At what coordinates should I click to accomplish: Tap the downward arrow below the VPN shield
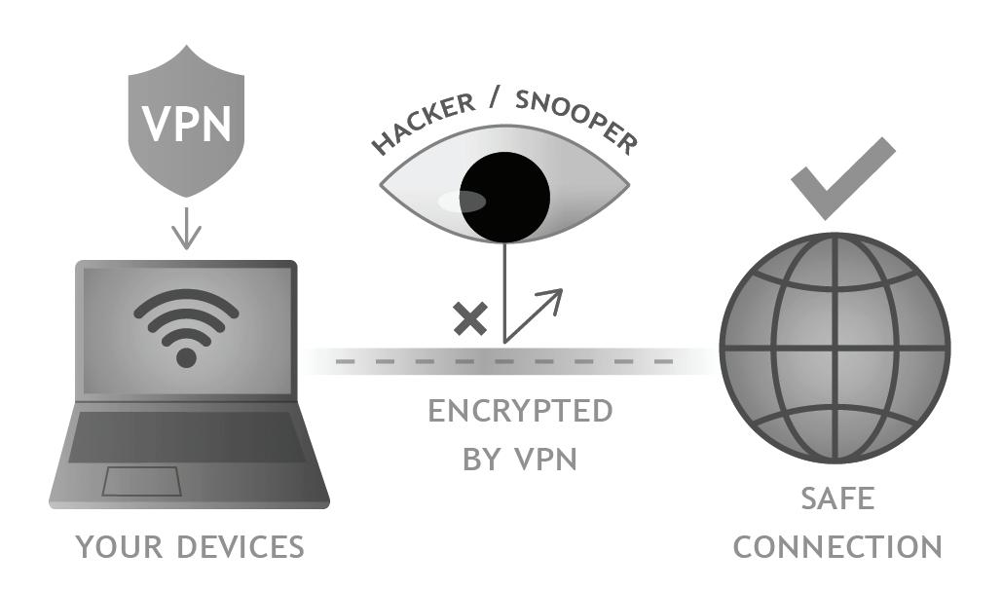(186, 230)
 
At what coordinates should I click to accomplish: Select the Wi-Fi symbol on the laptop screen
(186, 325)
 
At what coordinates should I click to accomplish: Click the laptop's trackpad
(142, 481)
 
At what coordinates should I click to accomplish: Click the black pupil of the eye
(504, 198)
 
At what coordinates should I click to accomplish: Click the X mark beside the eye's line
(471, 318)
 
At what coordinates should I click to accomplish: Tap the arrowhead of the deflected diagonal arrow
(554, 297)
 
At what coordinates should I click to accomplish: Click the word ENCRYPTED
(520, 411)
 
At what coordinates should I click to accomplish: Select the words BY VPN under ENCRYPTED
(520, 459)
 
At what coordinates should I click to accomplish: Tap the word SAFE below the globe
(837, 499)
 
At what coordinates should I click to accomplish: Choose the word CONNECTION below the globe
(837, 547)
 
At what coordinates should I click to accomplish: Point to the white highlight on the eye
(462, 202)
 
